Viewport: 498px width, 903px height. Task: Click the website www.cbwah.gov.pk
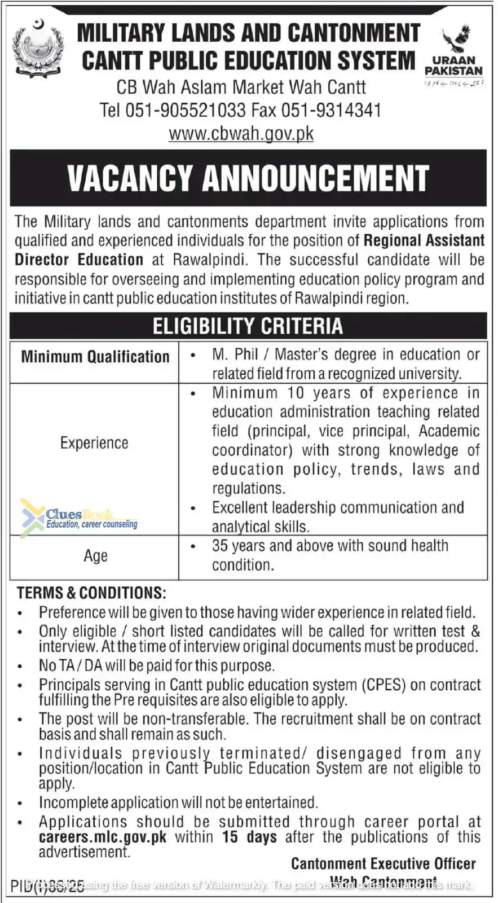click(x=241, y=134)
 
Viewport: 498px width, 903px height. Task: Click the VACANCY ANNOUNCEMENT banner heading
click(x=248, y=178)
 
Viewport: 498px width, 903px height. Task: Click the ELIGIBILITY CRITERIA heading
click(x=248, y=326)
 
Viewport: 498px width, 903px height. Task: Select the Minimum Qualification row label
click(x=95, y=357)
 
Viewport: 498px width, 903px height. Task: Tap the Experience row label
click(x=94, y=443)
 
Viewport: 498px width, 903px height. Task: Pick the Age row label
click(x=95, y=556)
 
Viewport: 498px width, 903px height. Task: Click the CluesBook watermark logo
click(x=79, y=516)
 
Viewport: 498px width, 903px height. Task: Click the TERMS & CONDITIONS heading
click(x=91, y=593)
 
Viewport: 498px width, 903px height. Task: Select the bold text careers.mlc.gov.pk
click(x=103, y=837)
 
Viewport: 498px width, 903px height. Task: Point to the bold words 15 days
click(x=249, y=837)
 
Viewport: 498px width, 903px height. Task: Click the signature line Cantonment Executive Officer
click(x=384, y=863)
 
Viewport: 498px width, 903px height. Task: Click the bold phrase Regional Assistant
click(x=424, y=240)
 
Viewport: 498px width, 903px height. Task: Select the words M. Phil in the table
click(x=235, y=354)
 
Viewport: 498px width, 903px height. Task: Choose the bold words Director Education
click(x=79, y=260)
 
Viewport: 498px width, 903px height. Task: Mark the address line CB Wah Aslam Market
click(x=241, y=87)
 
